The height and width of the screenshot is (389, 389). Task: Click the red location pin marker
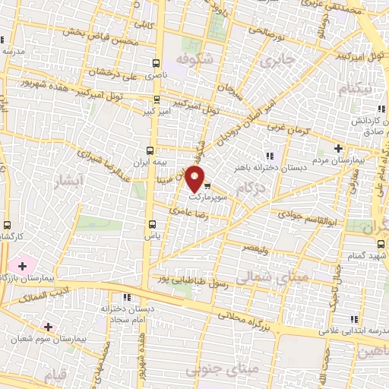pos(195,179)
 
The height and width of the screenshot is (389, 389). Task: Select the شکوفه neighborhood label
pos(191,59)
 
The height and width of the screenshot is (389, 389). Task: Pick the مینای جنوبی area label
pos(253,368)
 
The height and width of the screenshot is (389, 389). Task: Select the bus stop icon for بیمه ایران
pos(150,150)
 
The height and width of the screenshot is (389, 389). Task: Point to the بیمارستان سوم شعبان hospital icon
pos(49,327)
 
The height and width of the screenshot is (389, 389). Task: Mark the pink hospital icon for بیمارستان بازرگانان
pos(22,266)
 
